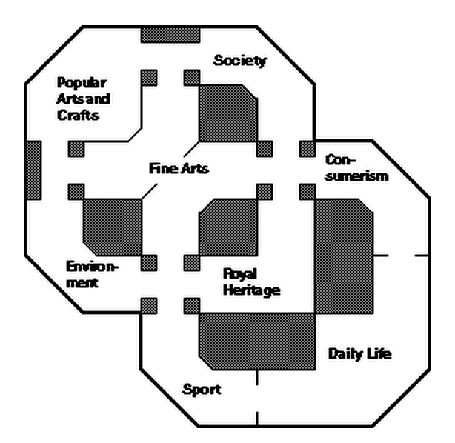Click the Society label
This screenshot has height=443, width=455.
tap(239, 61)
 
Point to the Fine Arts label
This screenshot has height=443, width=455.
tap(179, 168)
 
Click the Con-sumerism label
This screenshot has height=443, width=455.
tap(356, 168)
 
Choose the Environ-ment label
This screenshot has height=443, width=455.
tap(91, 274)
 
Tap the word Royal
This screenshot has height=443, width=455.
tap(240, 274)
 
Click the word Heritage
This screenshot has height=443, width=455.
tap(251, 290)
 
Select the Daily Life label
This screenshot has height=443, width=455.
tap(359, 354)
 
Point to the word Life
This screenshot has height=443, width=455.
tap(377, 354)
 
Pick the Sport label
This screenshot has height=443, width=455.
tap(202, 390)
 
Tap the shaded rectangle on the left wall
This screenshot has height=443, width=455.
tap(33, 169)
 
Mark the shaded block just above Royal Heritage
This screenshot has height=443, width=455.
tap(227, 226)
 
